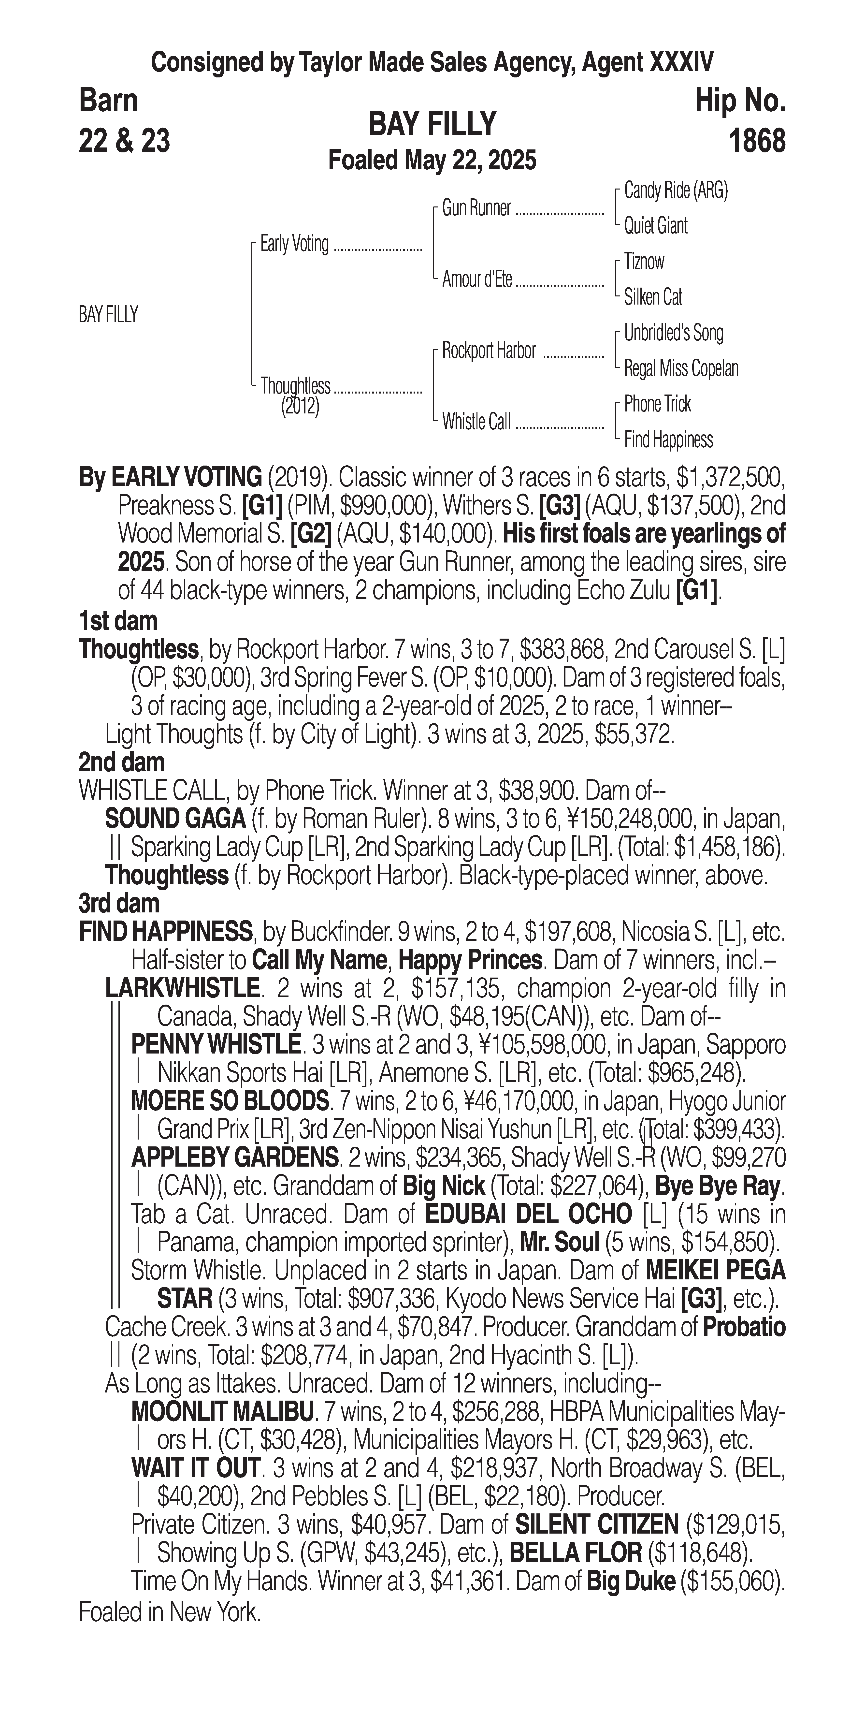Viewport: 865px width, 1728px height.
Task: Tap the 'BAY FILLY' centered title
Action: pos(432,124)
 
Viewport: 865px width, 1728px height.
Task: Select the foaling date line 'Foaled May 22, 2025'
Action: pos(432,160)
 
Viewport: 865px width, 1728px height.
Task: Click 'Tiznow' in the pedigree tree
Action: pos(644,262)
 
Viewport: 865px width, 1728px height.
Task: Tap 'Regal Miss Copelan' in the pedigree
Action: pos(681,368)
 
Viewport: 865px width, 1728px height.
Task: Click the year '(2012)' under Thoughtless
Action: pos(300,407)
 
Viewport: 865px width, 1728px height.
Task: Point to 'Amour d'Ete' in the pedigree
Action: pos(477,280)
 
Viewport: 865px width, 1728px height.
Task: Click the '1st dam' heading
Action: pos(118,621)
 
